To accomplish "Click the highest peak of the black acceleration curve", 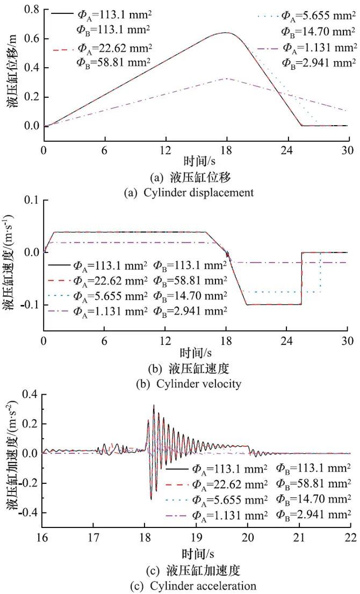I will click(154, 405).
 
